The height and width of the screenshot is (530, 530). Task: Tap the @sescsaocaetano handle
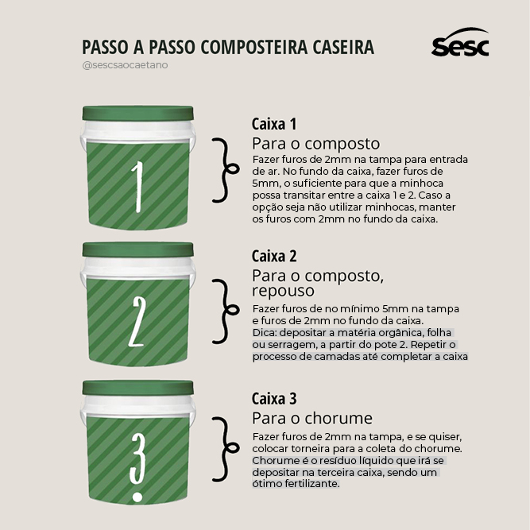point(125,65)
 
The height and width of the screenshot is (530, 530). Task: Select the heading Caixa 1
point(274,125)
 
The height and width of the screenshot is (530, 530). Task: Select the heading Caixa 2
point(274,257)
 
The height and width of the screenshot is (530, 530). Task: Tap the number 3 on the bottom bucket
point(137,461)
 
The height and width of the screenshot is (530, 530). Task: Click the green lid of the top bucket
point(138,112)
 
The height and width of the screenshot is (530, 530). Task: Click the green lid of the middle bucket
point(138,249)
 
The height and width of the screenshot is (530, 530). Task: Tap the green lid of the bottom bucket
point(138,387)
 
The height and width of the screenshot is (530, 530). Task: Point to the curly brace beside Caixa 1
point(226,168)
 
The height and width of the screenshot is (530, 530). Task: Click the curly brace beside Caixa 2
point(226,311)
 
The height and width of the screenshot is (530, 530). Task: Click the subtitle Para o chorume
point(312,419)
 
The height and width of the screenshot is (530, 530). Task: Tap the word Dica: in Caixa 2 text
point(265,332)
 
